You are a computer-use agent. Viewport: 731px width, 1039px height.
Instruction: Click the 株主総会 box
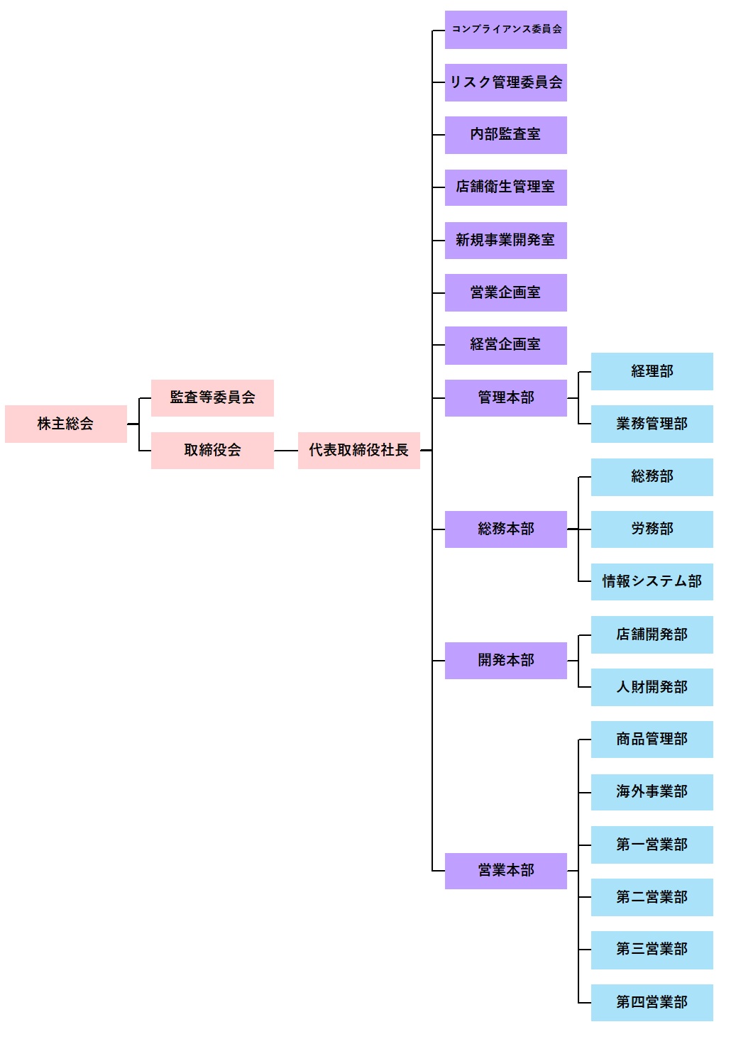click(x=66, y=424)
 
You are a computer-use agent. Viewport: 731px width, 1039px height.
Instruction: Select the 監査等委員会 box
click(x=212, y=397)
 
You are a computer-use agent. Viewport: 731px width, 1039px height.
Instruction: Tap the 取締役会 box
click(x=212, y=450)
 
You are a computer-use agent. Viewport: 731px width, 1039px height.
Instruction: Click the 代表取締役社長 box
click(x=358, y=450)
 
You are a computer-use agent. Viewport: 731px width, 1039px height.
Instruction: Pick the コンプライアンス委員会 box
click(x=505, y=29)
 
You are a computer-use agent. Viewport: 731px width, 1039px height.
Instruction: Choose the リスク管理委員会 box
click(x=505, y=82)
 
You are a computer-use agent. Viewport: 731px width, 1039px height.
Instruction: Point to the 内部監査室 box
click(x=505, y=135)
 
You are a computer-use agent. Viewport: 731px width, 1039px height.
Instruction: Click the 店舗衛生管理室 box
click(x=505, y=187)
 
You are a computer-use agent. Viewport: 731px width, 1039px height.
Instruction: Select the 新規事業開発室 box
click(x=505, y=240)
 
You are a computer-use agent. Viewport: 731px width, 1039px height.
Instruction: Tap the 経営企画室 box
click(x=505, y=345)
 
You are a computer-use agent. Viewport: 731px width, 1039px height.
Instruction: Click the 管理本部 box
click(x=505, y=397)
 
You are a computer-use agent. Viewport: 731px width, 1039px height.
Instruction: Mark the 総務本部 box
click(x=505, y=529)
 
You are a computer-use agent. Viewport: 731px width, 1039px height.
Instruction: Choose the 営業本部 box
click(x=505, y=871)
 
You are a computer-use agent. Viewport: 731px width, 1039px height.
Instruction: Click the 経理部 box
click(x=652, y=371)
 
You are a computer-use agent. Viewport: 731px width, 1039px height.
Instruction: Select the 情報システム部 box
click(x=652, y=581)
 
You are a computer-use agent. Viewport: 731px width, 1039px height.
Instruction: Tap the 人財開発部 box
click(x=652, y=687)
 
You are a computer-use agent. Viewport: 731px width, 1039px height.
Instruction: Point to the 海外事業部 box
click(x=652, y=792)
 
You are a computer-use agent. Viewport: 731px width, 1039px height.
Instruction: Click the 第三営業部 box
click(x=652, y=950)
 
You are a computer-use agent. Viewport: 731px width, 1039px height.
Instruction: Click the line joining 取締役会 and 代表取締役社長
click(x=285, y=451)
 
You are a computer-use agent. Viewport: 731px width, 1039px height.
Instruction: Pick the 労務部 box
click(x=652, y=529)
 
